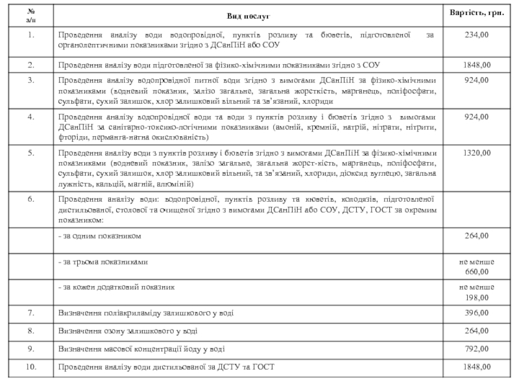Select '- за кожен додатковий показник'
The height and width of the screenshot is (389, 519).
tap(116, 287)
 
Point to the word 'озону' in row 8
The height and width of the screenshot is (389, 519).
tap(115, 331)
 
